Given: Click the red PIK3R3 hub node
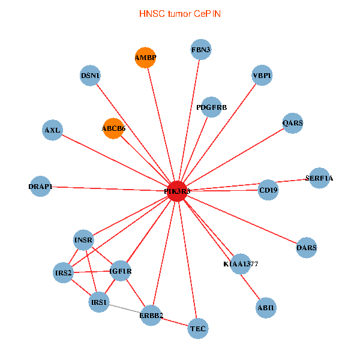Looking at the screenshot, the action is coord(177,191).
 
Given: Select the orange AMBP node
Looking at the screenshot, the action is coord(145,58).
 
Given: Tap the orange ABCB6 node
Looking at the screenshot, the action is coord(113,128).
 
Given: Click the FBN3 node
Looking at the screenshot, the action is coord(201,49).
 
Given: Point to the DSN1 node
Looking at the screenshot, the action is coord(90,76).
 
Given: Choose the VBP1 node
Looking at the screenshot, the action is coord(262,76).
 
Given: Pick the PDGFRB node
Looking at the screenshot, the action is coord(211,107).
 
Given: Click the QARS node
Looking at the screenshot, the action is coord(293,123).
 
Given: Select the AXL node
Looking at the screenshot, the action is coord(52,130).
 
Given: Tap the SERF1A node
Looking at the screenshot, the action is coord(319,178).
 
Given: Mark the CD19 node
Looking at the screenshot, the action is coord(268,190).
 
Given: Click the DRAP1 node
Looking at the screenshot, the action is coord(40,186).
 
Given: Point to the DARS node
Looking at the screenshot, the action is coord(307,247).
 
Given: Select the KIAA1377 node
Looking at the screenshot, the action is coord(241,263).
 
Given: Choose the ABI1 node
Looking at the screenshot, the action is coord(265,307).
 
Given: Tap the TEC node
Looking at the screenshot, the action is coord(197,328).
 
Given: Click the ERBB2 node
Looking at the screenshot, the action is coord(151,315).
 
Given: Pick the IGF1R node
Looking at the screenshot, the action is coord(121,271).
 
